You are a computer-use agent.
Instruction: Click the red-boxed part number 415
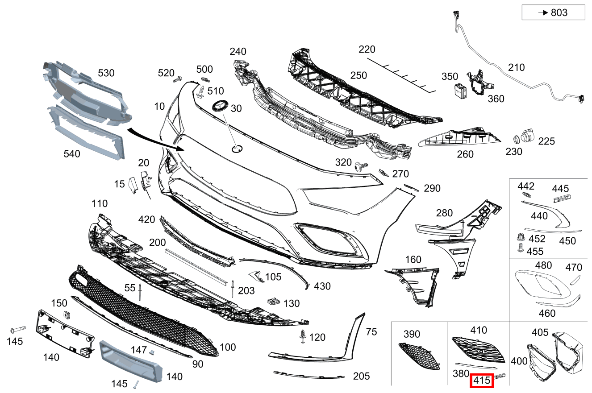[482, 381]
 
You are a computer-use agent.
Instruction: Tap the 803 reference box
[553, 12]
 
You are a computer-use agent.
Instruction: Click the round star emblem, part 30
[220, 107]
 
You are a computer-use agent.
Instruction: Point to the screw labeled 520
[177, 80]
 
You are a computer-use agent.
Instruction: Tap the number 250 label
[359, 75]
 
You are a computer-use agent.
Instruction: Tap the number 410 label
[479, 330]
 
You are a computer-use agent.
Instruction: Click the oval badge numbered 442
[526, 196]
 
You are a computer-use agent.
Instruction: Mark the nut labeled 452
[520, 237]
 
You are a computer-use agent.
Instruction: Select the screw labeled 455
[520, 248]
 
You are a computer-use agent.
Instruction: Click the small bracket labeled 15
[133, 185]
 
